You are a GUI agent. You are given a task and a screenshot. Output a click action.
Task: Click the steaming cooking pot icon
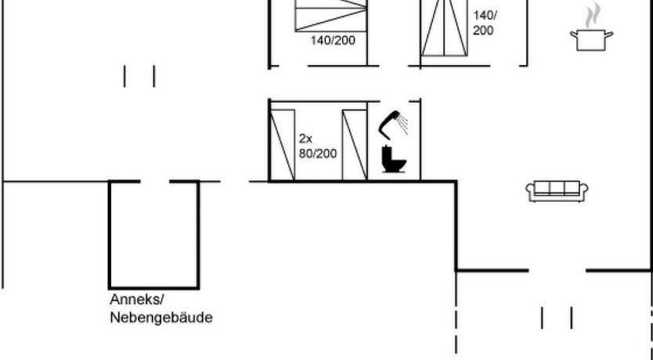(x=591, y=27)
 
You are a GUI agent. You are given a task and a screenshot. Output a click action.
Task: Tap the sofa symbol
(x=557, y=192)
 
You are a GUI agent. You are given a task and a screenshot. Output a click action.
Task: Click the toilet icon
(x=394, y=159)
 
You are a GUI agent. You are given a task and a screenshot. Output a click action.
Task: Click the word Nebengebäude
(x=161, y=318)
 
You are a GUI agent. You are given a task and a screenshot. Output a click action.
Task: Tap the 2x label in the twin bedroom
(x=305, y=139)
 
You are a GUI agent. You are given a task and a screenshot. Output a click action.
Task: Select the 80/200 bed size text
(x=318, y=153)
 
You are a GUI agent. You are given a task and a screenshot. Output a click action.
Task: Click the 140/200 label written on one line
(x=334, y=41)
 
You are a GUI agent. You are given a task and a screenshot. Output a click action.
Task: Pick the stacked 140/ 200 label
(x=485, y=23)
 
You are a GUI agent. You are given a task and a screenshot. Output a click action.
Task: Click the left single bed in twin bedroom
(x=283, y=145)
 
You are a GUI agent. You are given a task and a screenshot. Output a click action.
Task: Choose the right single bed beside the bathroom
(x=355, y=145)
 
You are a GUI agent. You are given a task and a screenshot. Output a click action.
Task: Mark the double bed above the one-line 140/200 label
(x=331, y=16)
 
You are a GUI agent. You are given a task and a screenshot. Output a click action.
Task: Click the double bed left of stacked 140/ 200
(x=444, y=28)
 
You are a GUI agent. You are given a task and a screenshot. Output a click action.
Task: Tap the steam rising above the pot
(x=593, y=16)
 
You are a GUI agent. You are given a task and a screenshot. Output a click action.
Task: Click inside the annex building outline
(x=153, y=235)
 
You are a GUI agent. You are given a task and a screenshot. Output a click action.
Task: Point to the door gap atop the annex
(x=155, y=182)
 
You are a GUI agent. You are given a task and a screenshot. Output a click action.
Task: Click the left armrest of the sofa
(x=530, y=192)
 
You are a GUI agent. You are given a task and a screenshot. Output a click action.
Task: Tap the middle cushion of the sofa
(x=557, y=188)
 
